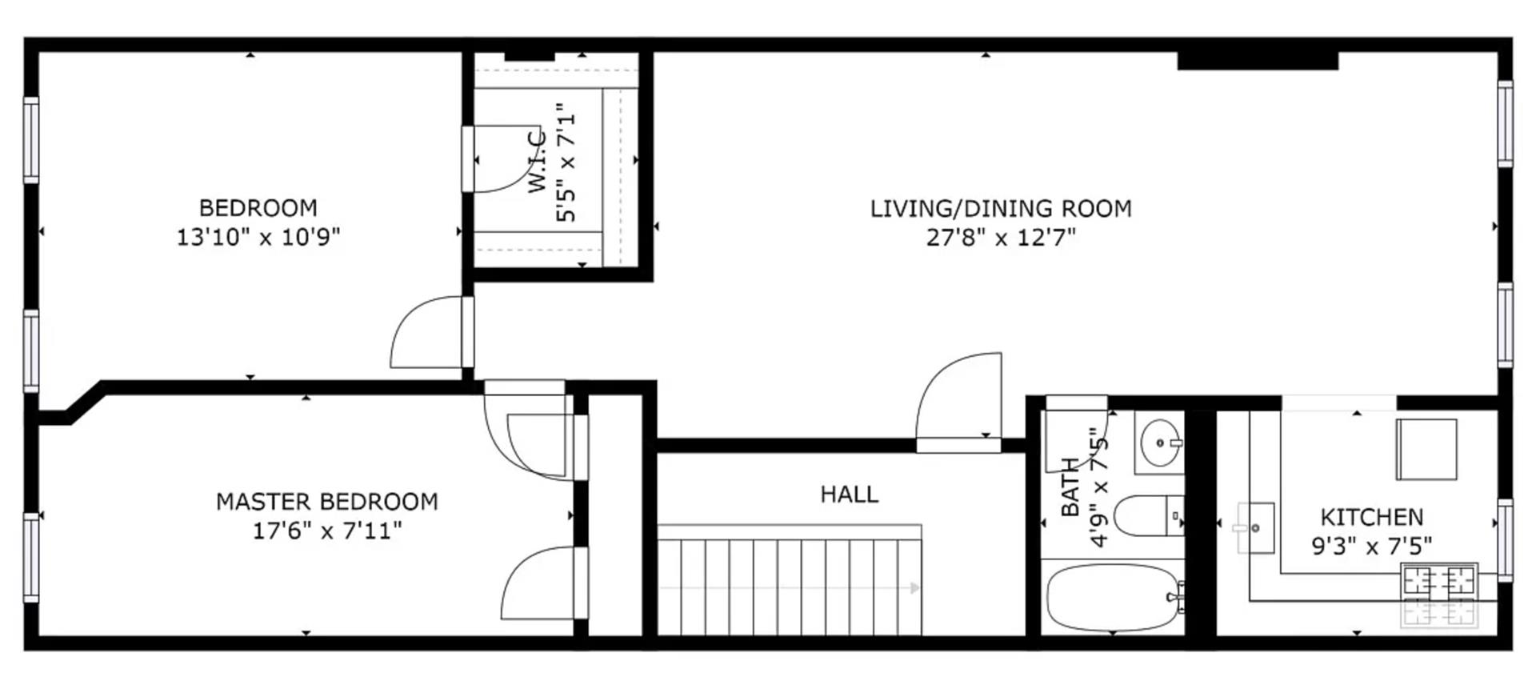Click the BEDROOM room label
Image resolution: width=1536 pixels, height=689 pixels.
point(258,208)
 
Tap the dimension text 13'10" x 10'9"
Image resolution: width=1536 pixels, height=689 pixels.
point(258,238)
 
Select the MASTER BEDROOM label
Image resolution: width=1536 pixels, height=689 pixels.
point(326,502)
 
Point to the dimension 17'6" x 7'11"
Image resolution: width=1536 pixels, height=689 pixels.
point(326,531)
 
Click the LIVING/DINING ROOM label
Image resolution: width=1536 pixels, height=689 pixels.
point(1000,209)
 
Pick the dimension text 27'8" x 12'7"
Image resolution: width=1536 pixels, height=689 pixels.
point(1000,238)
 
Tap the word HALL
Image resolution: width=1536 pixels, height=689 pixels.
point(849,495)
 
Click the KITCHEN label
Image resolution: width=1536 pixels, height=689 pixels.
point(1371,517)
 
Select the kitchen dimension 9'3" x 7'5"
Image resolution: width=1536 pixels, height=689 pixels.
point(1371,547)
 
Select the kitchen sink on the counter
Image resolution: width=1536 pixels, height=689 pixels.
point(1255,528)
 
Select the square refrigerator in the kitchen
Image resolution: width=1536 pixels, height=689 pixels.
point(1426,449)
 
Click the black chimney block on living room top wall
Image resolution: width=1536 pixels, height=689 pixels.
point(1257,60)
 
